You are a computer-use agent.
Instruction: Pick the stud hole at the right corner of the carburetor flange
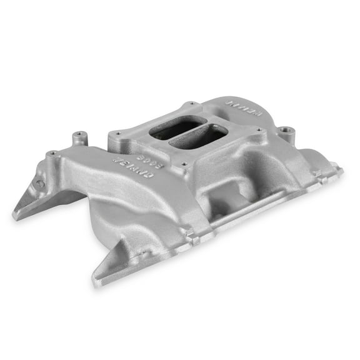coord(258,131)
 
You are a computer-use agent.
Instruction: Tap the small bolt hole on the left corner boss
coord(52,153)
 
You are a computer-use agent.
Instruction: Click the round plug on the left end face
coord(39,184)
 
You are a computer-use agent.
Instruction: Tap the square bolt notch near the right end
coord(322,177)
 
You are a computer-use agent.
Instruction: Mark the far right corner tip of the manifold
coord(341,167)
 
